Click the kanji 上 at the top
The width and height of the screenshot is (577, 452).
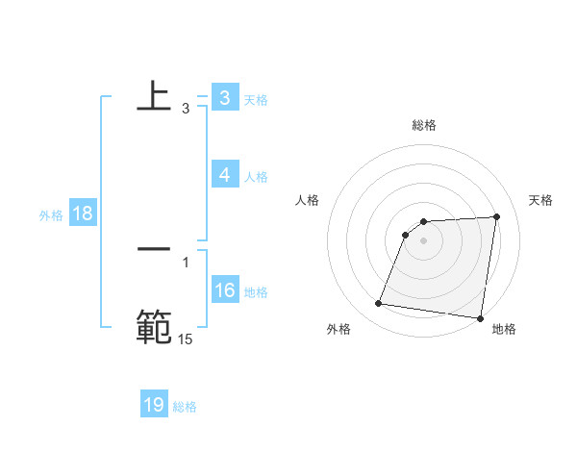[154, 96]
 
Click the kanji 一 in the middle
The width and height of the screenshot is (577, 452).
[154, 248]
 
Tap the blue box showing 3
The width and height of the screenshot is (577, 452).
[224, 98]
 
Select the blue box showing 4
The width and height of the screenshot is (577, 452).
[224, 175]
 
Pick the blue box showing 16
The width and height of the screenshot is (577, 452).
[225, 290]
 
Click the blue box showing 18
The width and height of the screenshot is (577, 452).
[82, 213]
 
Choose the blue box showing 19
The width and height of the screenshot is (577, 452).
[154, 405]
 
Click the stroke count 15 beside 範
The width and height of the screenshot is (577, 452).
[186, 339]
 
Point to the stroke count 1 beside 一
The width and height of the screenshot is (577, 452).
[186, 262]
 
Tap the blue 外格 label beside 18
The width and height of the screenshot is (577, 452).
[50, 215]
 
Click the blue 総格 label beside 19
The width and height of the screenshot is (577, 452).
[185, 407]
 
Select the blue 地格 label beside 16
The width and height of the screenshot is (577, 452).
[256, 292]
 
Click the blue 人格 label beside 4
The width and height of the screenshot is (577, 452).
[256, 177]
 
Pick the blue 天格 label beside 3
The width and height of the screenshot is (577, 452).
[256, 100]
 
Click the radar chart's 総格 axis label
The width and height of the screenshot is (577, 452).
[423, 125]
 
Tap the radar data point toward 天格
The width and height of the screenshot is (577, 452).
[497, 216]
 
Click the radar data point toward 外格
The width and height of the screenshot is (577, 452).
[379, 304]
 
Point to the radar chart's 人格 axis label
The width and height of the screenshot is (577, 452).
[308, 200]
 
